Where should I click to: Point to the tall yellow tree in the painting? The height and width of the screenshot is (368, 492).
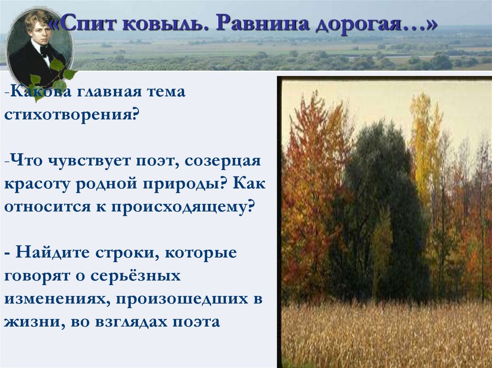point(425,139)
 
